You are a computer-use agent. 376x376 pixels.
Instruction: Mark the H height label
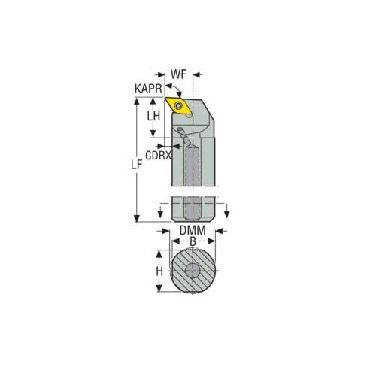[159, 272]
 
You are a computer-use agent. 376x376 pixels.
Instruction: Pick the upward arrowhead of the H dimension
[160, 253]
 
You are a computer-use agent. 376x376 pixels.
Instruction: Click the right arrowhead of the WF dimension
[198, 74]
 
